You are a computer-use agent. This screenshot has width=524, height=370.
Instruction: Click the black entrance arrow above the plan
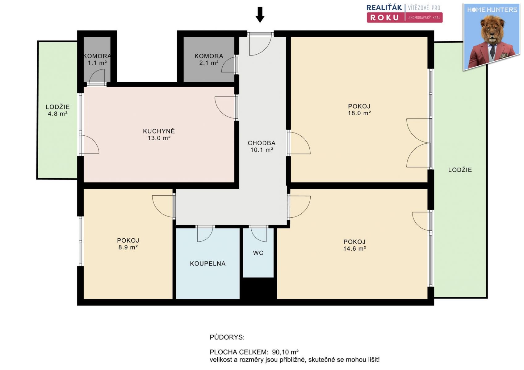[260, 14]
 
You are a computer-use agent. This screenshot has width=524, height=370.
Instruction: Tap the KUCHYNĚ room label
[159, 131]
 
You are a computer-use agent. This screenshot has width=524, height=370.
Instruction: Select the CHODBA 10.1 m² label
[262, 146]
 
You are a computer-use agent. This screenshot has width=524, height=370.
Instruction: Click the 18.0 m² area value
[359, 113]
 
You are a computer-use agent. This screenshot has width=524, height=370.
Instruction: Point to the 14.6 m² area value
[354, 249]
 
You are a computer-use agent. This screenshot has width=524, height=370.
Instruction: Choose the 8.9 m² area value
[128, 247]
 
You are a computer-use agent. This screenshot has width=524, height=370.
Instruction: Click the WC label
[258, 253]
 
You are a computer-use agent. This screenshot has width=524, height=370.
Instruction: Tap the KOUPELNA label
[208, 264]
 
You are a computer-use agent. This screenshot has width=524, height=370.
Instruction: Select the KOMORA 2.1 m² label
[209, 59]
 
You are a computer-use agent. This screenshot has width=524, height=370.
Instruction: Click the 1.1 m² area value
[97, 63]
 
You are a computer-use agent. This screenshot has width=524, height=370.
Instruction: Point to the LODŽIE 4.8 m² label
[57, 110]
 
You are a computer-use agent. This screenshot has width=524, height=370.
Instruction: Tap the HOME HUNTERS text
[492, 10]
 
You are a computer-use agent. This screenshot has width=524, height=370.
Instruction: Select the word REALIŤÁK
[384, 8]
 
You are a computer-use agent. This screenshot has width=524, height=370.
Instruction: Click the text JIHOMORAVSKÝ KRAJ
[424, 18]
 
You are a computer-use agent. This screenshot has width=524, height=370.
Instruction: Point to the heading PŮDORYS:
[227, 337]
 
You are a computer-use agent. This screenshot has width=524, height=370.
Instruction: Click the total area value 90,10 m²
[285, 352]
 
